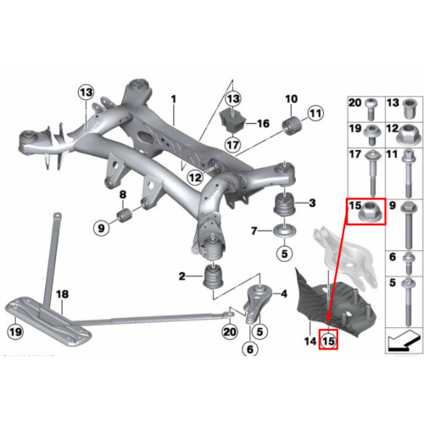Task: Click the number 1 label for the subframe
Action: (x=174, y=99)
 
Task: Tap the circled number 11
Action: (x=315, y=114)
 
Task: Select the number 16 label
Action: (x=263, y=124)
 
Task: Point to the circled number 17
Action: (x=232, y=145)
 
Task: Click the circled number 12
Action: (x=195, y=177)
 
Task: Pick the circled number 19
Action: (x=15, y=332)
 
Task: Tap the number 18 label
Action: (x=62, y=294)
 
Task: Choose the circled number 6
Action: (x=250, y=349)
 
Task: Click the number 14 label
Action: (x=310, y=341)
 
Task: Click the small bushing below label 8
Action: (x=123, y=215)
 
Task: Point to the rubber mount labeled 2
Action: (x=214, y=278)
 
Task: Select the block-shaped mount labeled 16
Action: (x=232, y=121)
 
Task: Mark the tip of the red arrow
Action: (x=328, y=322)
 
